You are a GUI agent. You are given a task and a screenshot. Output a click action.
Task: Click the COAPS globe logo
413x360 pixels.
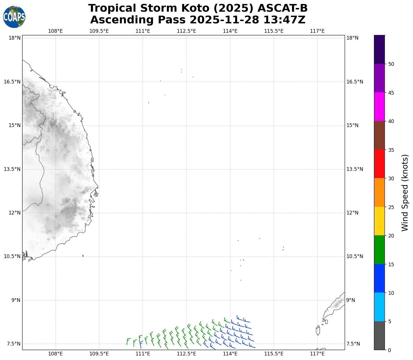tap(14, 17)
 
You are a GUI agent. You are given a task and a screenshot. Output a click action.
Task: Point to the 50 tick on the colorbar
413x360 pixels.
tap(391, 64)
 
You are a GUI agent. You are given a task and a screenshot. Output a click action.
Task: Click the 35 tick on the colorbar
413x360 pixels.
tap(391, 150)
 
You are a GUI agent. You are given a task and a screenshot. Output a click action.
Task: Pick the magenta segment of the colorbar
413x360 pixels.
tap(379, 107)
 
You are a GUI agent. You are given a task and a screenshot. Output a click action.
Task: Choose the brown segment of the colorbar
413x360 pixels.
tap(379, 135)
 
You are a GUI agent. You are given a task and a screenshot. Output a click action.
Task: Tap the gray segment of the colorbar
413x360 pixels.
tap(379, 336)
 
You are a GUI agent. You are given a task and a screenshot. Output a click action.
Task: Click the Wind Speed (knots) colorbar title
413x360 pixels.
tap(404, 193)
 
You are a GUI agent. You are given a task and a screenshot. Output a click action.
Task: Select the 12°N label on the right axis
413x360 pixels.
tap(352, 213)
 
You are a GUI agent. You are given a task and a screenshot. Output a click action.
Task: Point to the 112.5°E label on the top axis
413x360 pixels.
tap(186, 31)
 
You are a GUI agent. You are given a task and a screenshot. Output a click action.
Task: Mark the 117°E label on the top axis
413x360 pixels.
tap(317, 31)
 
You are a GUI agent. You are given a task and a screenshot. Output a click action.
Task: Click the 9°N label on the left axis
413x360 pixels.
tap(16, 300)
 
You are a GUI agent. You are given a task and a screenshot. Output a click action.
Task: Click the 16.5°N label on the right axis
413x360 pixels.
tap(355, 82)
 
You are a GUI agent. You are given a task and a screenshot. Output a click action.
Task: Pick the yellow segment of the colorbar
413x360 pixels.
tap(379, 221)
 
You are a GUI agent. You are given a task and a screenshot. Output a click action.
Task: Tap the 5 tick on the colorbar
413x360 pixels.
tap(390, 322)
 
